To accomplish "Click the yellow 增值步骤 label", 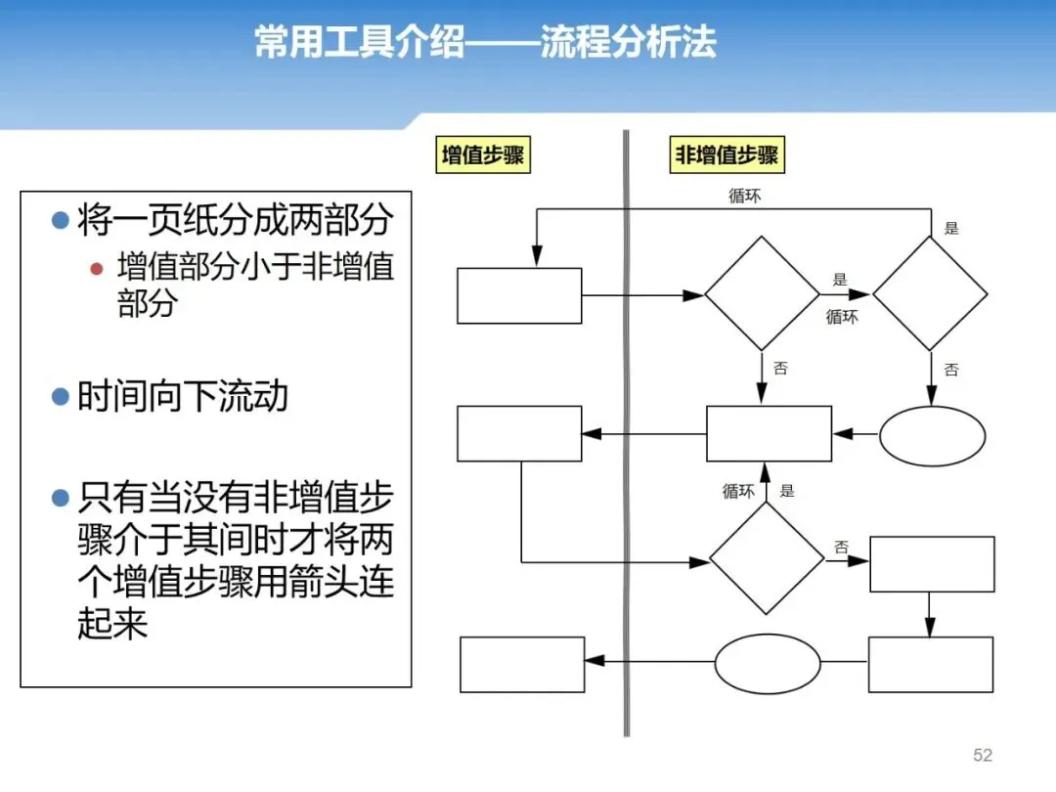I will coord(483,155).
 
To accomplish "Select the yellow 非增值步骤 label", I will coord(726,155).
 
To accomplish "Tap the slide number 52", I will coord(983,755).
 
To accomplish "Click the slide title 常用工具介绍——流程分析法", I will coord(485,42).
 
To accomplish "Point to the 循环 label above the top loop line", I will coord(744,196).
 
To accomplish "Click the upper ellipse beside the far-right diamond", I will coord(932,436).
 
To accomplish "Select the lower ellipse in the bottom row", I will coord(768,663).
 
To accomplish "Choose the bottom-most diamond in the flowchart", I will coord(767,558).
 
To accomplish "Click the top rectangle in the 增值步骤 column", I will coord(519,295).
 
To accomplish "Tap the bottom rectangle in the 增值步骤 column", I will coord(522,665).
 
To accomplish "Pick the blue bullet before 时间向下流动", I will coord(61,397).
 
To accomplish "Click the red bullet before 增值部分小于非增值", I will coord(96,269).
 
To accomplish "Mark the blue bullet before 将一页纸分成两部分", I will coord(61,220).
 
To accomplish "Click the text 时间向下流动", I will coord(183,397).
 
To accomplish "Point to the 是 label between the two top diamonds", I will coord(839,280).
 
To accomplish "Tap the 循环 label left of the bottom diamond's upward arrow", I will coord(738,491).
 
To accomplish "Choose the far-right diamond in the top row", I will coord(930,293).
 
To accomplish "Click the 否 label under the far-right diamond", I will coord(951,370).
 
